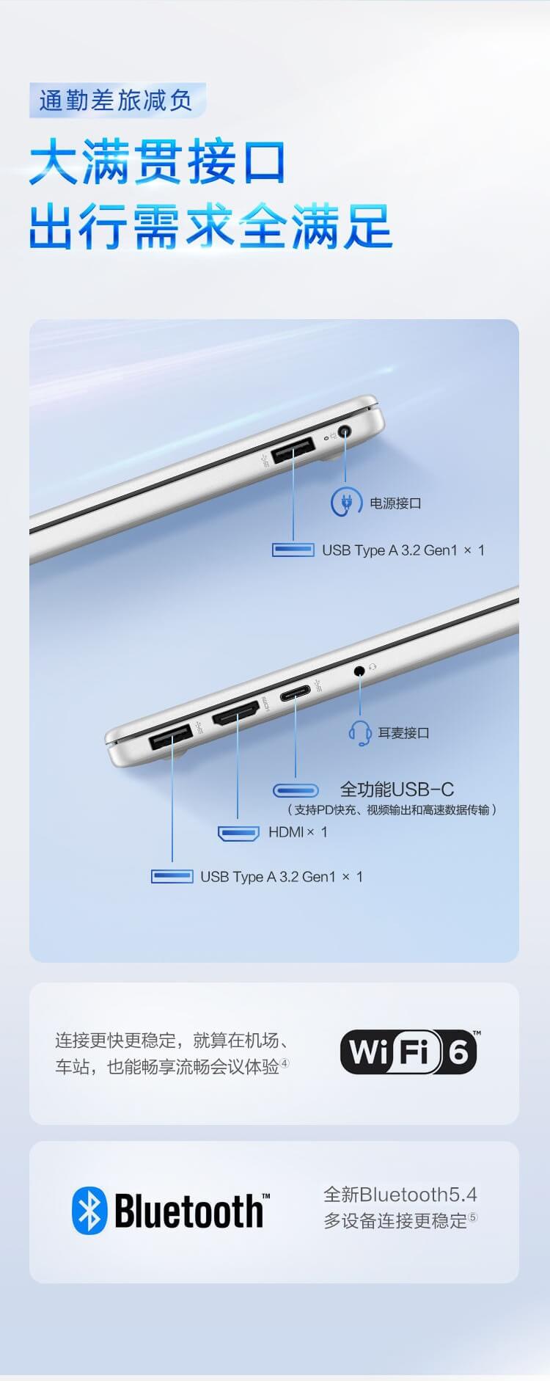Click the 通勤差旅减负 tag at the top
tap(117, 100)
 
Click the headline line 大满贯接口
tap(158, 162)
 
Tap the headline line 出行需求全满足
tap(211, 226)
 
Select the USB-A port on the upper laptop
tap(293, 451)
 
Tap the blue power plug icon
tap(345, 503)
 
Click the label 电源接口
tap(395, 503)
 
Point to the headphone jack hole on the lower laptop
tap(359, 670)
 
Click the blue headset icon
tap(359, 732)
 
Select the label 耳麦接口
tap(403, 733)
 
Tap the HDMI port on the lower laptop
tap(236, 713)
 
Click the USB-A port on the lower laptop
tap(172, 737)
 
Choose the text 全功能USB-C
tap(397, 790)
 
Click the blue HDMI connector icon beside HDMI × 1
tap(238, 833)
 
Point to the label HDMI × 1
tap(298, 832)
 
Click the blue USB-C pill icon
tap(296, 790)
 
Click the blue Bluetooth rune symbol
tap(89, 1211)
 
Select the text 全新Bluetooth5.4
tap(400, 1195)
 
